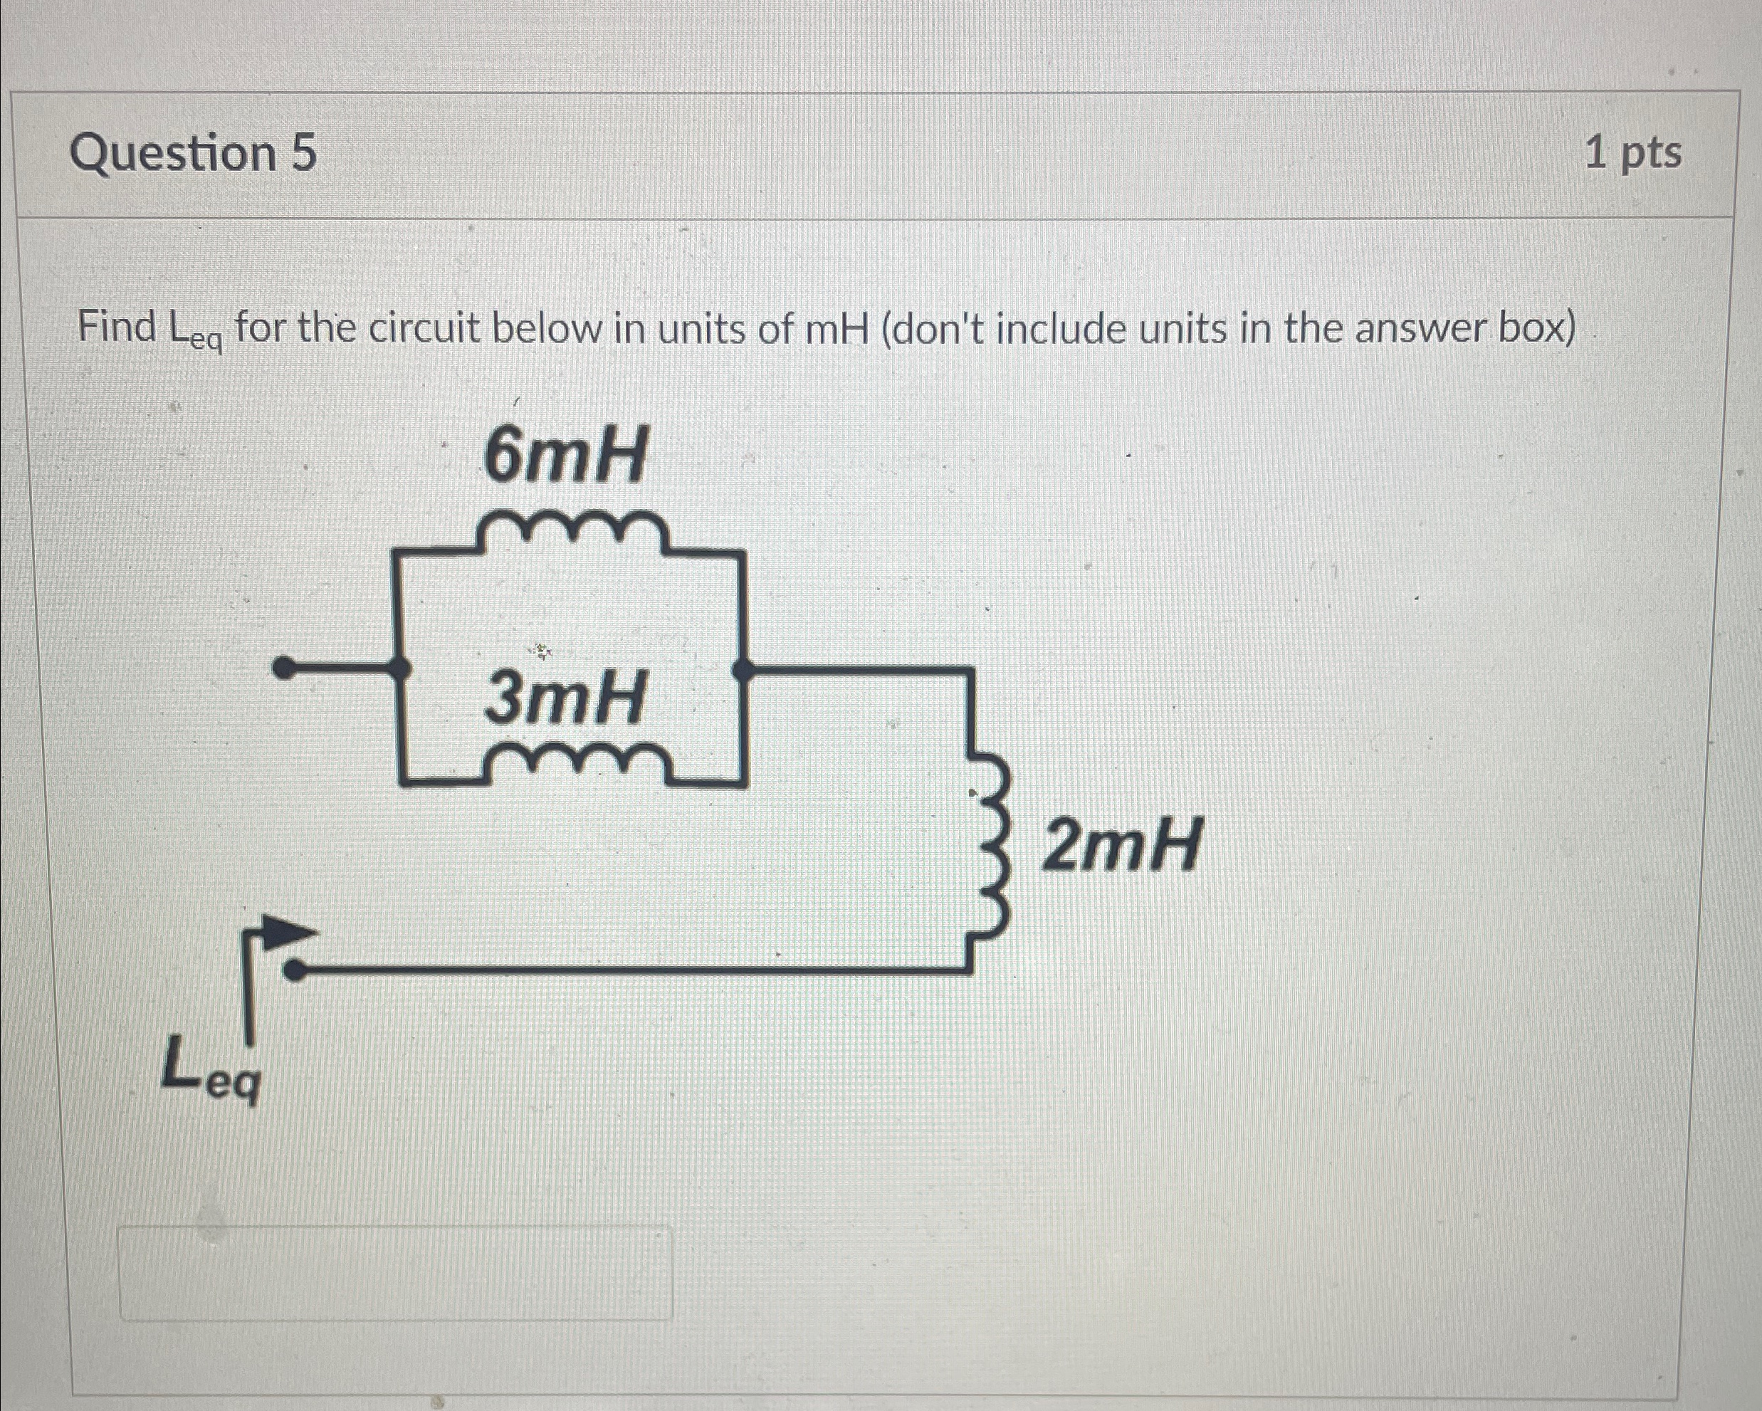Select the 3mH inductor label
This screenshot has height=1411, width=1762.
565,699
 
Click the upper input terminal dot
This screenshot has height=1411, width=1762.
283,670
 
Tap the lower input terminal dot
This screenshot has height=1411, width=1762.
295,970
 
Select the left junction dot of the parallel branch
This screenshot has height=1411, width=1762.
399,670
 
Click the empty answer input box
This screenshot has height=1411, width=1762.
397,1272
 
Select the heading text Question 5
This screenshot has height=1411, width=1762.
194,154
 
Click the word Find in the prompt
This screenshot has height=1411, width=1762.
117,328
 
